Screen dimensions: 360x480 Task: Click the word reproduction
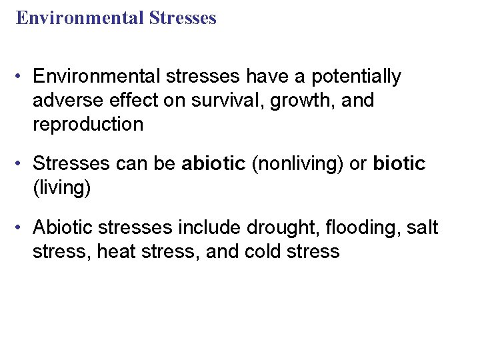point(88,125)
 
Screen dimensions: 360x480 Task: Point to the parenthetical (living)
point(61,187)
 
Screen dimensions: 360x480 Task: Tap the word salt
point(421,228)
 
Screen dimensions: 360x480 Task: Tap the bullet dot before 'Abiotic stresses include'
point(22,228)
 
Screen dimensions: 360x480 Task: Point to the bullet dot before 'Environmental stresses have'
point(22,77)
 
